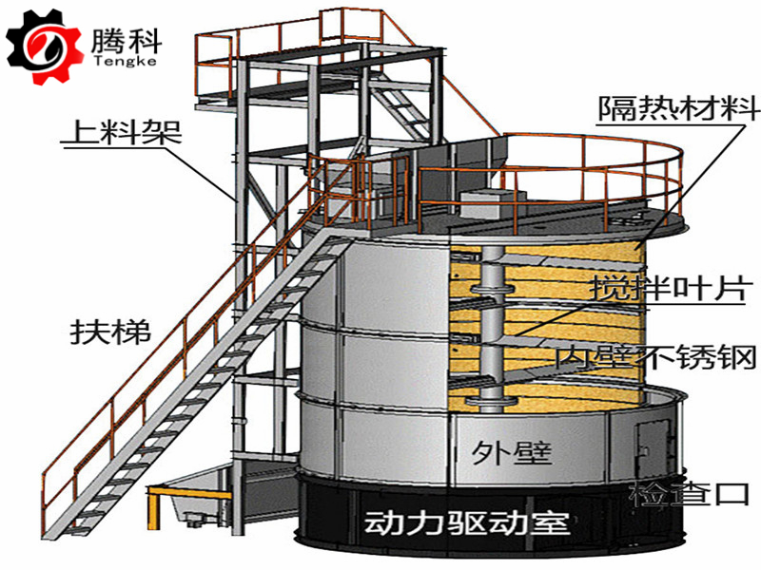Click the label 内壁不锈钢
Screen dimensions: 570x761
[657, 358]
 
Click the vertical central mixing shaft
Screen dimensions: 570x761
[490, 323]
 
